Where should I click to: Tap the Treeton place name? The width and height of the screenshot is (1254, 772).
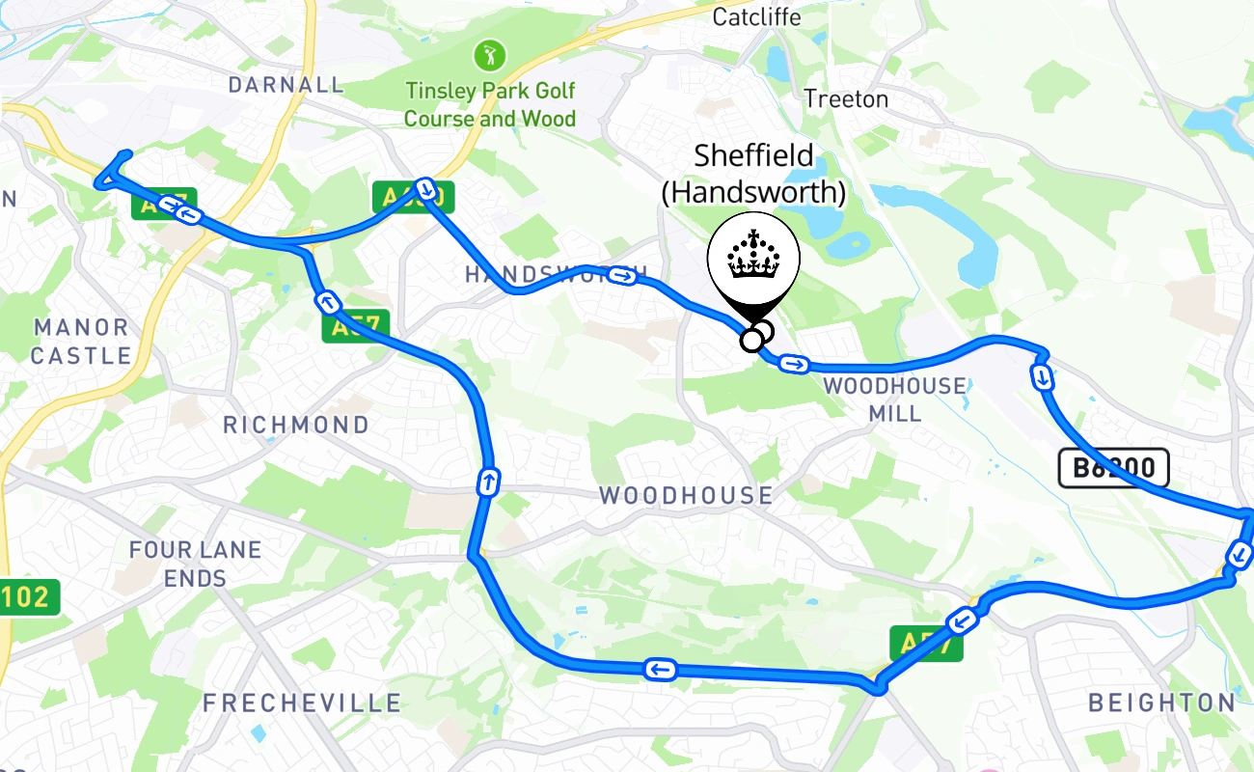(x=846, y=98)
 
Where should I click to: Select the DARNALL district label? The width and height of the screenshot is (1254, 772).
(x=286, y=85)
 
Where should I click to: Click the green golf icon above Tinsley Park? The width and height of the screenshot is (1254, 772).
(x=489, y=55)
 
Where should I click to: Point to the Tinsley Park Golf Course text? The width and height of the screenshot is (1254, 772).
(x=490, y=104)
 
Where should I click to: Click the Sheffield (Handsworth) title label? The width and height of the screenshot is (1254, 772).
(x=753, y=173)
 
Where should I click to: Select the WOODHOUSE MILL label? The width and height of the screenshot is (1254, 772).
(x=894, y=400)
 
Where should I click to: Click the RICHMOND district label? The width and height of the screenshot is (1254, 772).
(x=296, y=425)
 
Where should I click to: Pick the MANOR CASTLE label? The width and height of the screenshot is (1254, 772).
(x=81, y=342)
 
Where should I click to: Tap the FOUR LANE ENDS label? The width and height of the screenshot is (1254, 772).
(x=196, y=564)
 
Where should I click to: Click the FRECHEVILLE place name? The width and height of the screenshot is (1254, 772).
(x=302, y=703)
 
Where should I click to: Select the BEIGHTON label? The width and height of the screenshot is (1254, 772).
(x=1161, y=703)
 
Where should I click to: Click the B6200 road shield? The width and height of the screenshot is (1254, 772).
(x=1113, y=468)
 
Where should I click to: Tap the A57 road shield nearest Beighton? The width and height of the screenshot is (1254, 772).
(x=926, y=644)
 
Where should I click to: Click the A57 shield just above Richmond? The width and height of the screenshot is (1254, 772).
(x=356, y=325)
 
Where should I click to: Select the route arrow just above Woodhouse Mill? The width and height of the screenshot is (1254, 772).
(x=794, y=364)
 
